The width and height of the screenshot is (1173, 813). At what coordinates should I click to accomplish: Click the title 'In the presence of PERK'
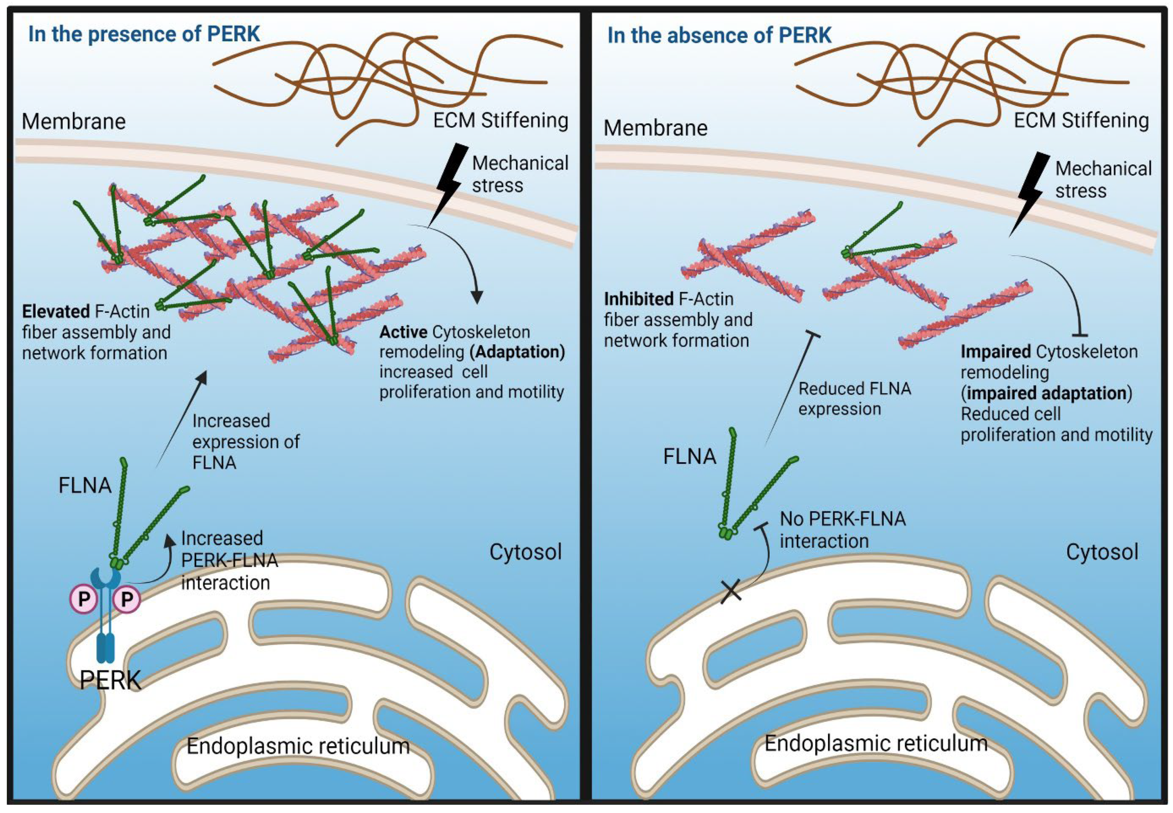click(144, 34)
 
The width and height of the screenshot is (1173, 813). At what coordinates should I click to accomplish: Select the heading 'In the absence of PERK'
click(719, 36)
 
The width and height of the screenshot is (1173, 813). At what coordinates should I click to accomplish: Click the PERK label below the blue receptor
click(111, 680)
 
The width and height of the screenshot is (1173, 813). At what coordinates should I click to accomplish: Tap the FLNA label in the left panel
click(85, 485)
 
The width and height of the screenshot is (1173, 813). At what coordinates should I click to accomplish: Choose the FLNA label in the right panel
click(690, 456)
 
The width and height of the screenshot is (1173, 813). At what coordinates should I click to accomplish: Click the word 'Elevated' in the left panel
click(56, 311)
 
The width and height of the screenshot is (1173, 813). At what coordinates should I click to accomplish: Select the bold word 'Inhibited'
click(638, 299)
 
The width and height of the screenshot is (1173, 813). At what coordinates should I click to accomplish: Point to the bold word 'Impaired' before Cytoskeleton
click(996, 352)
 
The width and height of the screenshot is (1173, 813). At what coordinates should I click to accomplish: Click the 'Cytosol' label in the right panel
click(1102, 552)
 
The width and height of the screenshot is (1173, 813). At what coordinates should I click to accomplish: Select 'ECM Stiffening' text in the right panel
click(1081, 120)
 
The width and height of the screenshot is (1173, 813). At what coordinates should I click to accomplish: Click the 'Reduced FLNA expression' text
click(854, 398)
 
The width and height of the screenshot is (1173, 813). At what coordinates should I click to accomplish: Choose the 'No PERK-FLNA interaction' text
click(843, 530)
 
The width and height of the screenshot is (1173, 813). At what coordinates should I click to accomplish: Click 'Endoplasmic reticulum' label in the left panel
click(298, 746)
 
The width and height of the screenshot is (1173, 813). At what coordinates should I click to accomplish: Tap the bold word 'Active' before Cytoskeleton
click(403, 332)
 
